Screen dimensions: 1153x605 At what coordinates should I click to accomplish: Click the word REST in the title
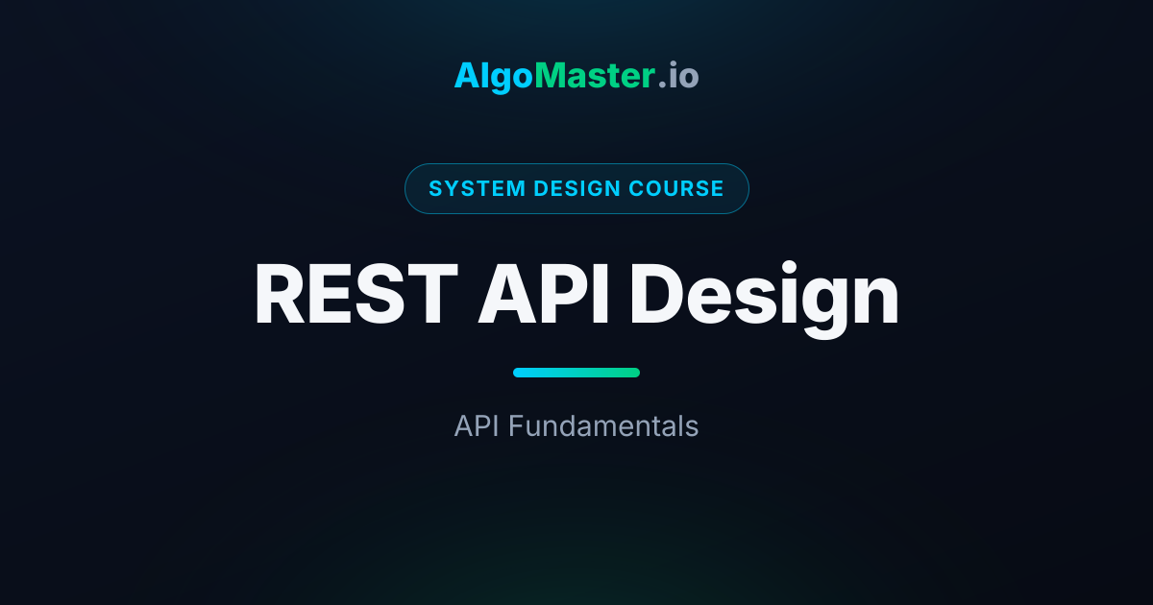tap(356, 294)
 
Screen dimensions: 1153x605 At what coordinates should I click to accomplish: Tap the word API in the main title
tap(544, 294)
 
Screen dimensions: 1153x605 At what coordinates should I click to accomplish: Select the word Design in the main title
tap(765, 300)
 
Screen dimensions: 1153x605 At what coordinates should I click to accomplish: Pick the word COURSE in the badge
tap(676, 188)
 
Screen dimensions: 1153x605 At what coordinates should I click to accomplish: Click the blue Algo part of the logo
tap(494, 77)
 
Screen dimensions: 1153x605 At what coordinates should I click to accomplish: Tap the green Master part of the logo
tap(595, 76)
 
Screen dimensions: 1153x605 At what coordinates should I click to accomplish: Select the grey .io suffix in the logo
tap(678, 76)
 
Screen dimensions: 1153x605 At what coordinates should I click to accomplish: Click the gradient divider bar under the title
tap(576, 373)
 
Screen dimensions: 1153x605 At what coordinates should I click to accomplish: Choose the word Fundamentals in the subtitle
tap(603, 426)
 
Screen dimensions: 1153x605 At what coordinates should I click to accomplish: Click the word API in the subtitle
tap(477, 426)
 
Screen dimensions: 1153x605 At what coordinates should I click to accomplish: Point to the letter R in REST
tap(280, 294)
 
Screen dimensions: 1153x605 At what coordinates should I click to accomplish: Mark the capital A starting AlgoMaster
tap(467, 76)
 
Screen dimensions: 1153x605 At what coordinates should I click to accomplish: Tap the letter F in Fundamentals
tap(517, 426)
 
